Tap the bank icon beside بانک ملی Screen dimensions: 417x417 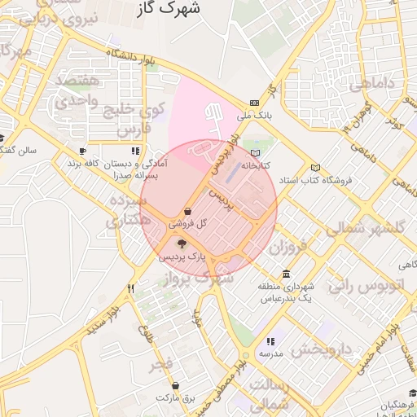coord(255,103)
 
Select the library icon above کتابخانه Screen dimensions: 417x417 coord(256,153)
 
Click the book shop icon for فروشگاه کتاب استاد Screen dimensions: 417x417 coord(315,169)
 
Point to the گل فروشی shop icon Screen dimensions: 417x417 coord(188,211)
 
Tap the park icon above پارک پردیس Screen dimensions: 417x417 coord(182,244)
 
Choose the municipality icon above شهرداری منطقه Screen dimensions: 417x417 coord(286,274)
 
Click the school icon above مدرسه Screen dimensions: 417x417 coord(270,342)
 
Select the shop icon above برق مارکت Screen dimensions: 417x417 coord(177,385)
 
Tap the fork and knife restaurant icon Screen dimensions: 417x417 coord(130,288)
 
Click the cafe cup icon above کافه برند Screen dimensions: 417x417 coord(82,151)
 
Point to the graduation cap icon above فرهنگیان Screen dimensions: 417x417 coord(412,393)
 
